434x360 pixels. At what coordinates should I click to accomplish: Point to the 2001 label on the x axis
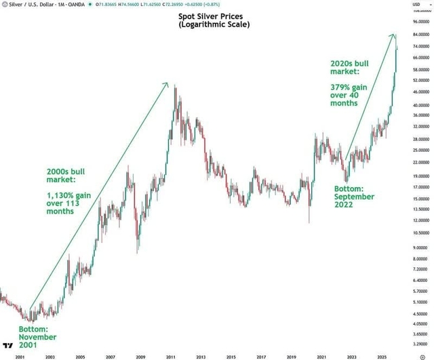19,355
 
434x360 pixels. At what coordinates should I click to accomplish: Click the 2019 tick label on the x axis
291,355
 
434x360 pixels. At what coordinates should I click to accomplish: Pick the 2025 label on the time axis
382,355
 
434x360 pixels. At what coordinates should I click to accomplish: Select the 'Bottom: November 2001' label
37,337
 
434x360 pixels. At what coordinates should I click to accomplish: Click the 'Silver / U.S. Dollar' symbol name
27,5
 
